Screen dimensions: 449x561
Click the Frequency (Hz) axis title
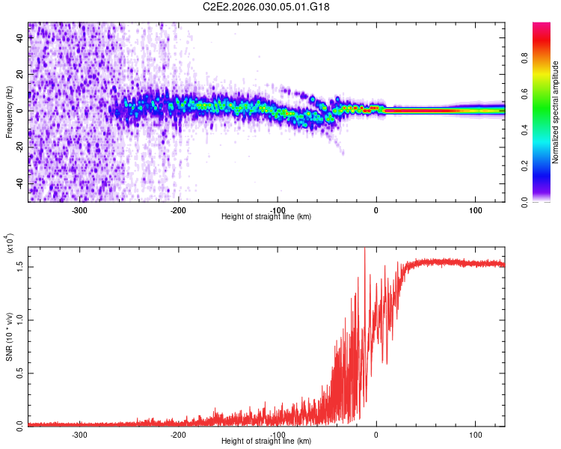[x=9, y=112]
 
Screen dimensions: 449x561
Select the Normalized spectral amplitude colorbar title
[x=555, y=112]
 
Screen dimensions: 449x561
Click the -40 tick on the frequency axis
[x=20, y=183]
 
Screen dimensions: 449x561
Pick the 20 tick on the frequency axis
[x=20, y=75]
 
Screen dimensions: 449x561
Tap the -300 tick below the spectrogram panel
[x=79, y=210]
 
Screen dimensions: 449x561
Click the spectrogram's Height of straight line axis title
[x=266, y=216]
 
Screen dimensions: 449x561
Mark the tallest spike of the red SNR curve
[x=364, y=251]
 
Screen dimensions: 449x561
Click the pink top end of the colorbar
[x=542, y=27]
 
